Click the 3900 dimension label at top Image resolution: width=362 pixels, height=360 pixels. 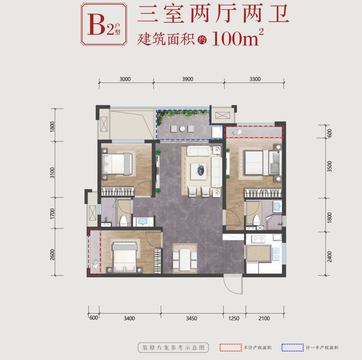188,79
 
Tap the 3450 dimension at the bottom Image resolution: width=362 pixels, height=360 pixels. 191,318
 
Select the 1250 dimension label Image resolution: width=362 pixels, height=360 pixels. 233,318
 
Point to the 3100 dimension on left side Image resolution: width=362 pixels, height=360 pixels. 52,173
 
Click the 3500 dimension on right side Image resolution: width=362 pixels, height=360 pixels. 330,166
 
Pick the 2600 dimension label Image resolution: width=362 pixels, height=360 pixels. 52,255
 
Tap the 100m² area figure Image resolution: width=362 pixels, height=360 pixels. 237,38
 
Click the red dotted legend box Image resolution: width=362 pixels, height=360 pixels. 231,347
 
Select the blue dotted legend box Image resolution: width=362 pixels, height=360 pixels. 292,347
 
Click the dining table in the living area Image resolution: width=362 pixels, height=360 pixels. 185,259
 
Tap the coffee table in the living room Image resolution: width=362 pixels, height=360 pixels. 198,171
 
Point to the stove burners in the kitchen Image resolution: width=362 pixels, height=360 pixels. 258,238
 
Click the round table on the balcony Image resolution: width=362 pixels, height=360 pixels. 182,129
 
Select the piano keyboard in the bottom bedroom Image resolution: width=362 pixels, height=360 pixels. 158,261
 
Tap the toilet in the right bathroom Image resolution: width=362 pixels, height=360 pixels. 257,220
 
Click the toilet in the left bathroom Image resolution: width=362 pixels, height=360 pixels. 123,221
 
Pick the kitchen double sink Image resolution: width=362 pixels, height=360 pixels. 276,254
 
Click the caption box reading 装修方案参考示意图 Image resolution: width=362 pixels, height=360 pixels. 173,347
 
